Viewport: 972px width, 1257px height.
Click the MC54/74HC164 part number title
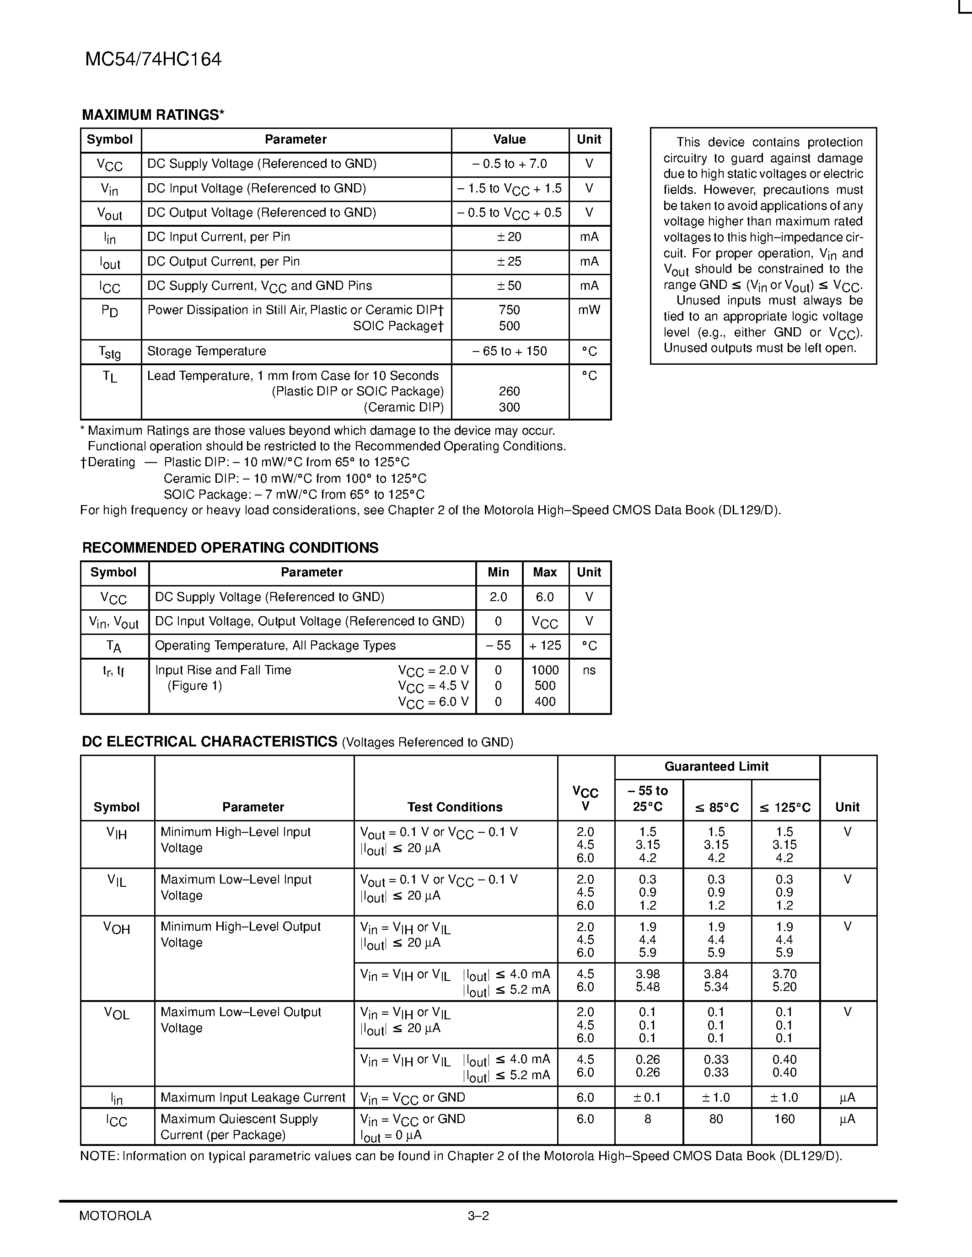coord(153,59)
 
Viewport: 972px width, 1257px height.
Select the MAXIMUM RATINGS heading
coord(153,115)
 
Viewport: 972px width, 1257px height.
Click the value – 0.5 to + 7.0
coord(509,164)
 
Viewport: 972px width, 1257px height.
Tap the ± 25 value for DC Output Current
coord(509,262)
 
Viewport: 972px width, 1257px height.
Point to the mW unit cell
coord(589,310)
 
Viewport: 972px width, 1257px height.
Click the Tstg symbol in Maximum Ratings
coord(109,352)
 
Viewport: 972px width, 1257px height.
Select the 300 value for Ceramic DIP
coord(509,407)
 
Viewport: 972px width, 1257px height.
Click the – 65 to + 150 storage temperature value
coord(509,351)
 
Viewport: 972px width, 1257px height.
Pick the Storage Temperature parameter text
coord(206,351)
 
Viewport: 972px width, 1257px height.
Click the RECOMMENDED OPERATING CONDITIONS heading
coord(231,548)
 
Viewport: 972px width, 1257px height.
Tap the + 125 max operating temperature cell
coord(545,646)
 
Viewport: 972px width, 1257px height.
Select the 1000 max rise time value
coord(545,670)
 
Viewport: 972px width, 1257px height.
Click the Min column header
coord(498,572)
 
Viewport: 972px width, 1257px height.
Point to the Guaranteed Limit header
coord(716,767)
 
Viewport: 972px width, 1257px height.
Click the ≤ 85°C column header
coord(716,808)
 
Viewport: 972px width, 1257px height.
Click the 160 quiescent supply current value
coord(784,1119)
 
